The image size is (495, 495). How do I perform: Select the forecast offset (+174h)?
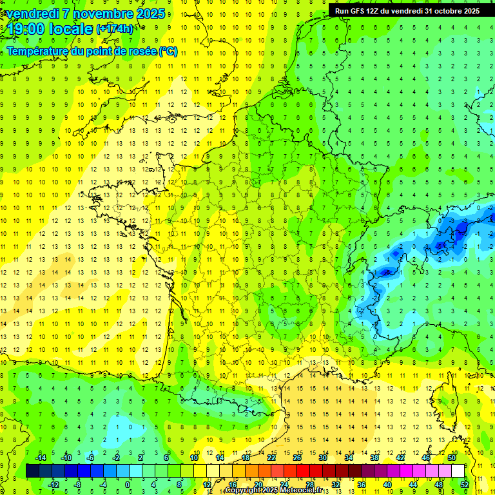pyautogui.click(x=115, y=29)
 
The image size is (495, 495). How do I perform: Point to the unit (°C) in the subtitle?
pyautogui.click(x=169, y=51)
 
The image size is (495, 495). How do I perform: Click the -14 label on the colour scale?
pyautogui.click(x=40, y=458)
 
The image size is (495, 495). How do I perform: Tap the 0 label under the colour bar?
pyautogui.click(x=128, y=485)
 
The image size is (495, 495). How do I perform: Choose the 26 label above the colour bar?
pyautogui.click(x=297, y=458)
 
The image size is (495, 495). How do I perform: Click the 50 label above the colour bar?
pyautogui.click(x=452, y=458)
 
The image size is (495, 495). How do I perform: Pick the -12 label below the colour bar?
pyautogui.click(x=53, y=485)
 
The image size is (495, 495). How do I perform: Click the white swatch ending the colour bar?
pyautogui.click(x=458, y=471)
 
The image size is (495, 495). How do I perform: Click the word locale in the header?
pyautogui.click(x=71, y=29)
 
